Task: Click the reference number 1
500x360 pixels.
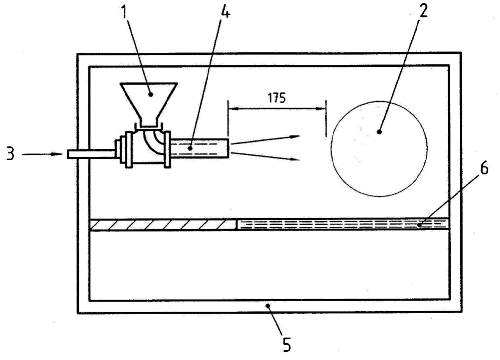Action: point(124,12)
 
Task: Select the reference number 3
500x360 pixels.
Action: point(11,154)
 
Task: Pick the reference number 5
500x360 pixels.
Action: point(287,344)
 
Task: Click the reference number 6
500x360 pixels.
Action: point(484,169)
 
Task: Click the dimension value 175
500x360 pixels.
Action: point(277,98)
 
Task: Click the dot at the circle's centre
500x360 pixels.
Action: point(379,131)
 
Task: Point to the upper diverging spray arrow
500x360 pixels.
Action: point(265,140)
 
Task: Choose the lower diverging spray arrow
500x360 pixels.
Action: point(265,156)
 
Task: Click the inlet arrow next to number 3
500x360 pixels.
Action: point(42,154)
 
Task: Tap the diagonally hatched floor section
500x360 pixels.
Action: point(163,224)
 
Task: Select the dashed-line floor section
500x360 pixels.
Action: point(343,224)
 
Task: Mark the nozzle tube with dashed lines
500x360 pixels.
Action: point(200,148)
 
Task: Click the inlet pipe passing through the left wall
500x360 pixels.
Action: point(91,154)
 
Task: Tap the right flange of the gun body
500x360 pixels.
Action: point(167,149)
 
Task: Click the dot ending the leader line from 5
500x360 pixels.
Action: point(268,306)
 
